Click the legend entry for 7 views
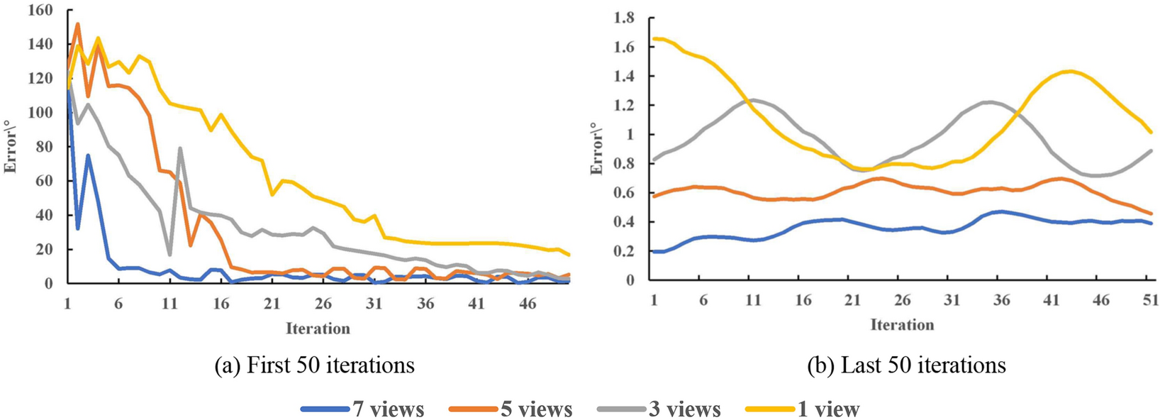point(363,409)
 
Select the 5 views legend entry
point(511,409)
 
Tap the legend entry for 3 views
point(659,409)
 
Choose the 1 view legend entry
point(803,409)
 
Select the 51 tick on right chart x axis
point(1150,301)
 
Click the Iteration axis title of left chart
point(318,328)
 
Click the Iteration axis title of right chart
point(902,325)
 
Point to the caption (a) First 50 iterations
point(314,365)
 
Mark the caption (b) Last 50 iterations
point(906,365)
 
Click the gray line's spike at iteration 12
point(180,148)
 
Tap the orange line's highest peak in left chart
point(77,24)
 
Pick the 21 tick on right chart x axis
point(852,301)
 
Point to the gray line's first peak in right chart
point(754,99)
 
